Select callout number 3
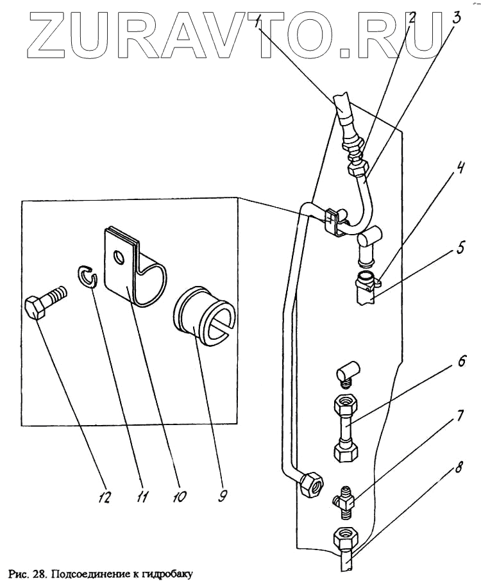pos(456,17)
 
